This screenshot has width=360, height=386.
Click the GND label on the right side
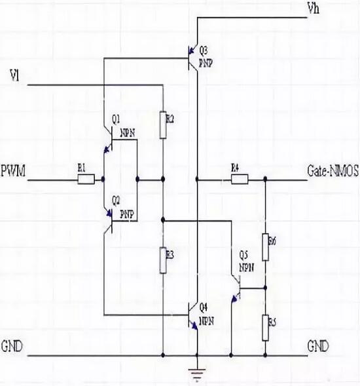[318, 345]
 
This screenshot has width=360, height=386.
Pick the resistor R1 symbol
[86, 178]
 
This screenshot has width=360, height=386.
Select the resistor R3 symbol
[163, 260]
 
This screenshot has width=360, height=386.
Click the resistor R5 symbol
[265, 327]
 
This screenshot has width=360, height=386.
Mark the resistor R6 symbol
[265, 246]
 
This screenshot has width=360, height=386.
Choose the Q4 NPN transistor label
[205, 312]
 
